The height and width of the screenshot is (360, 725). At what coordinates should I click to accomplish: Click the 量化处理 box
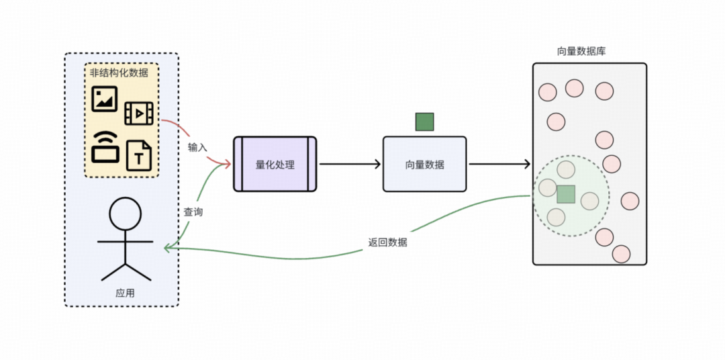(275, 164)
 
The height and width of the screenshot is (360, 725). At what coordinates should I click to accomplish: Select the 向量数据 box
(424, 164)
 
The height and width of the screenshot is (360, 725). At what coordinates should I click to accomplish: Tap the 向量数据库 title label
(581, 51)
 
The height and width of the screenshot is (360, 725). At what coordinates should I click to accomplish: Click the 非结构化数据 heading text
(119, 73)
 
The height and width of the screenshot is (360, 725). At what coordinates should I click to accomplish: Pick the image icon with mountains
(104, 99)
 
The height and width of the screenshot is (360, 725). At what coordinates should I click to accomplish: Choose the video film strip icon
(138, 114)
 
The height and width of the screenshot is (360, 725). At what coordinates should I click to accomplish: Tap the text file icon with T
(139, 156)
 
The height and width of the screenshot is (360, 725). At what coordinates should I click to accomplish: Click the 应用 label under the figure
(125, 293)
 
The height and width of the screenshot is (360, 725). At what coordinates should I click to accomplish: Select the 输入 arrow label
(197, 147)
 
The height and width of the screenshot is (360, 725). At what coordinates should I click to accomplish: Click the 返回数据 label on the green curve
(387, 242)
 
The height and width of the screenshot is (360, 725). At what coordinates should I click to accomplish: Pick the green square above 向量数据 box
(424, 122)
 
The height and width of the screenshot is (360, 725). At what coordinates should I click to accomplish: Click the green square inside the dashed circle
(566, 194)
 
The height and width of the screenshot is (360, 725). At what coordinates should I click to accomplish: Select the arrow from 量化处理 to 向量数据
(349, 164)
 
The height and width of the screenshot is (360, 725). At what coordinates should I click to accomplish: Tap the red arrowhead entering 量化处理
(227, 163)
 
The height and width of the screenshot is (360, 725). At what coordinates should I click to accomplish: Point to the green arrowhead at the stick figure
(167, 247)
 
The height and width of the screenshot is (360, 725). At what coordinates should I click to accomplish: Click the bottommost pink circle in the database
(621, 254)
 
